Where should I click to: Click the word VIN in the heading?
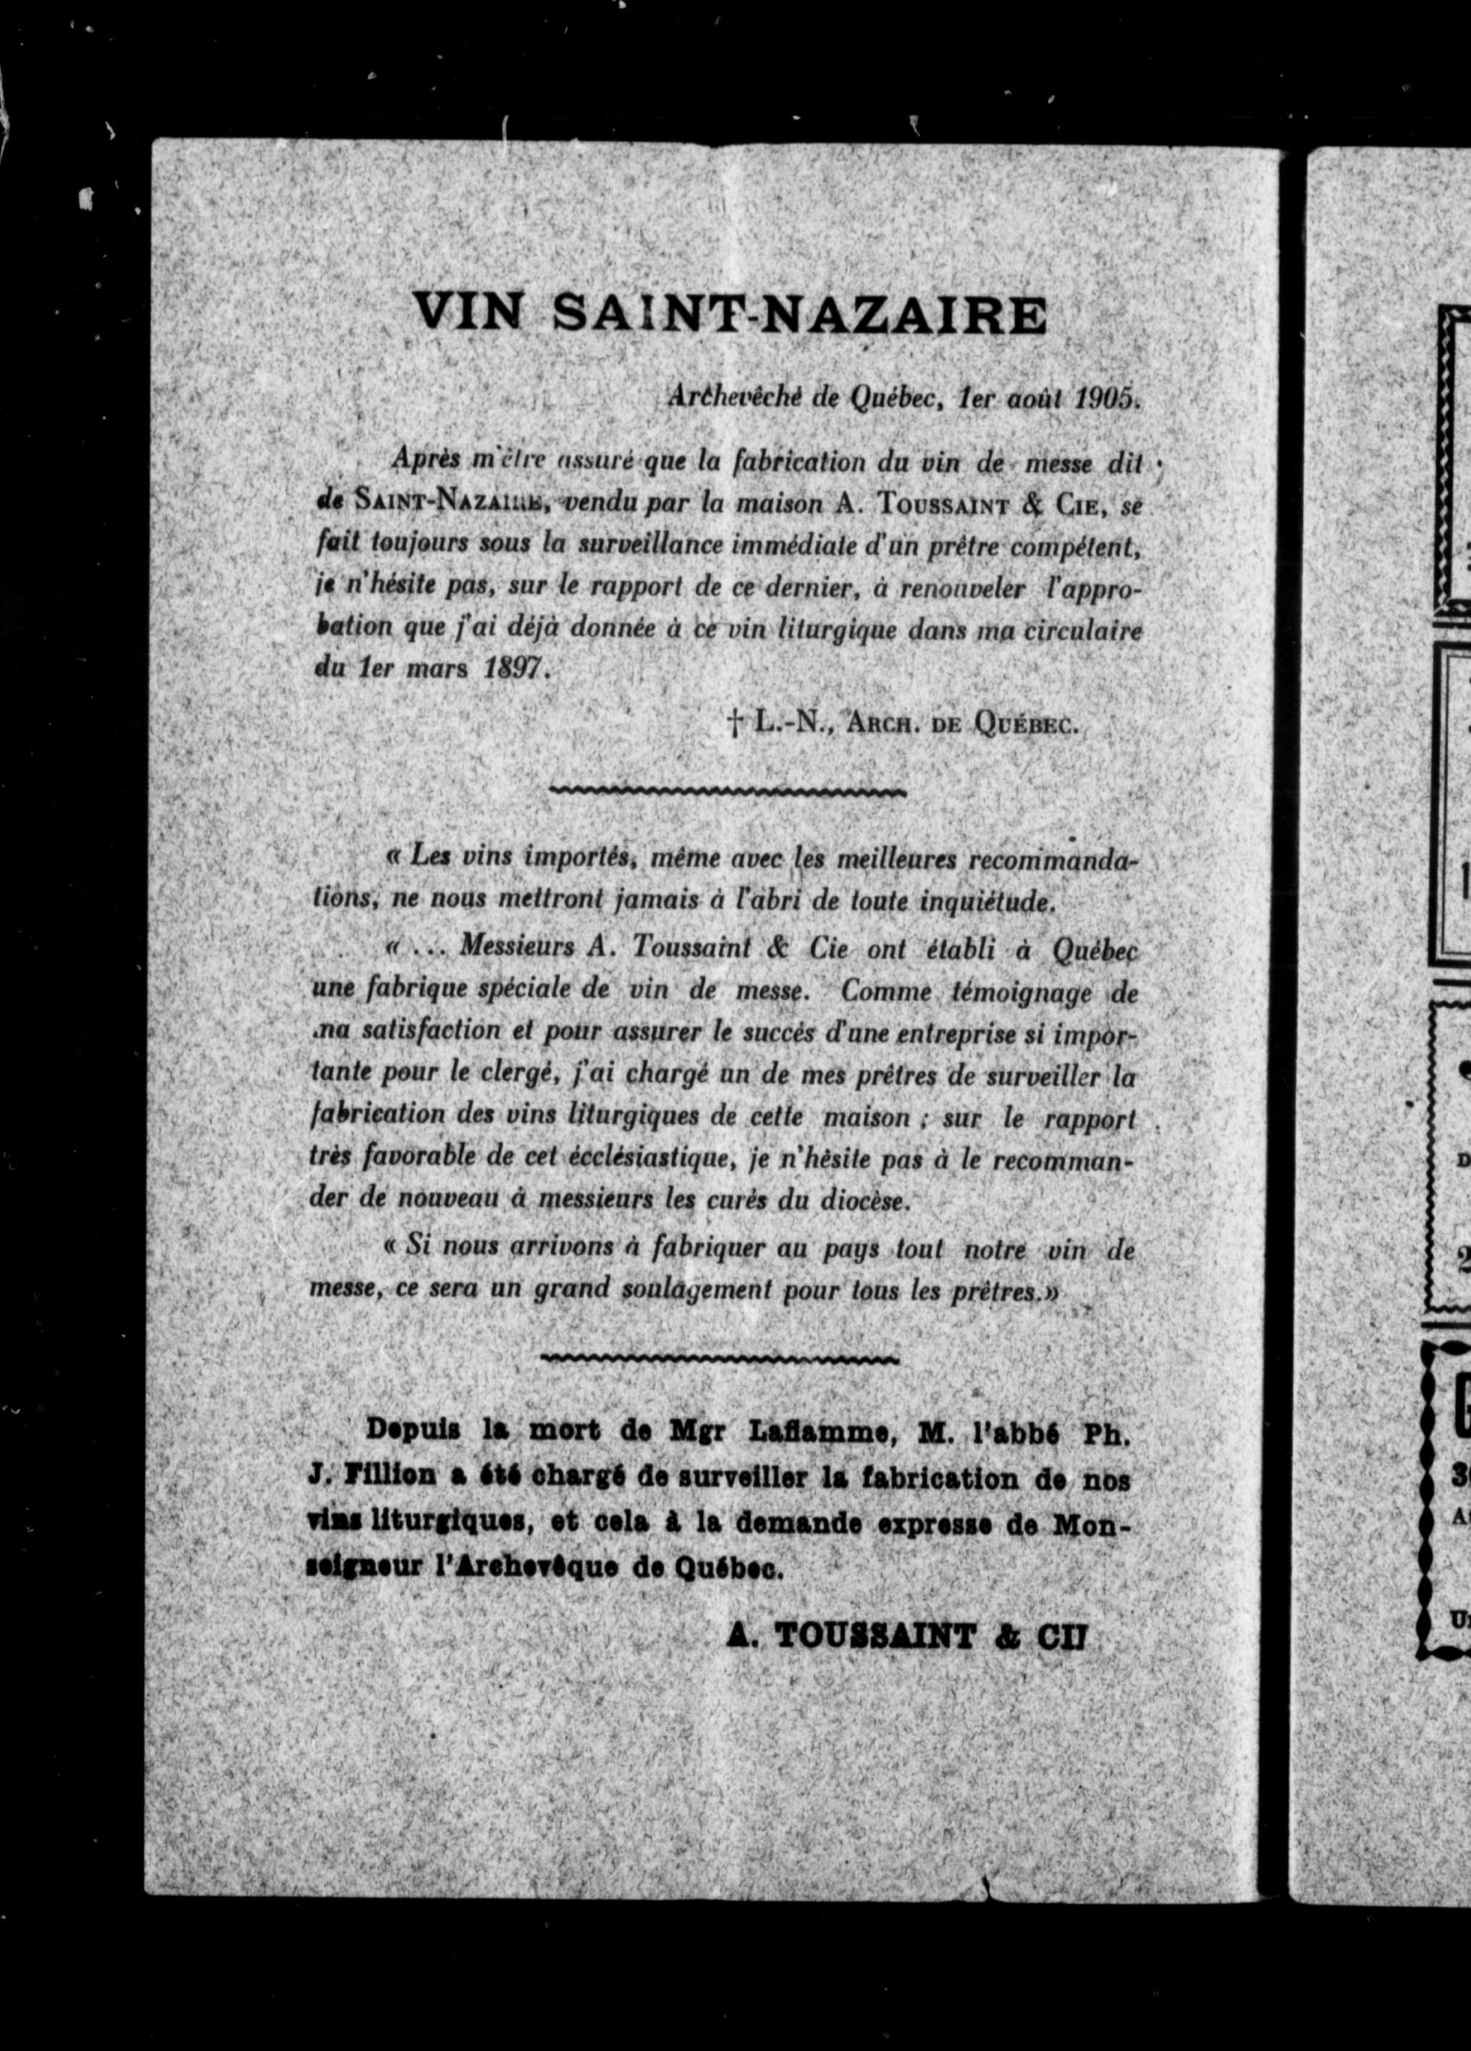(x=468, y=314)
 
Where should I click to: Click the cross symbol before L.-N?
(x=734, y=721)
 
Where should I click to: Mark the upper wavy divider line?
(x=728, y=792)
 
